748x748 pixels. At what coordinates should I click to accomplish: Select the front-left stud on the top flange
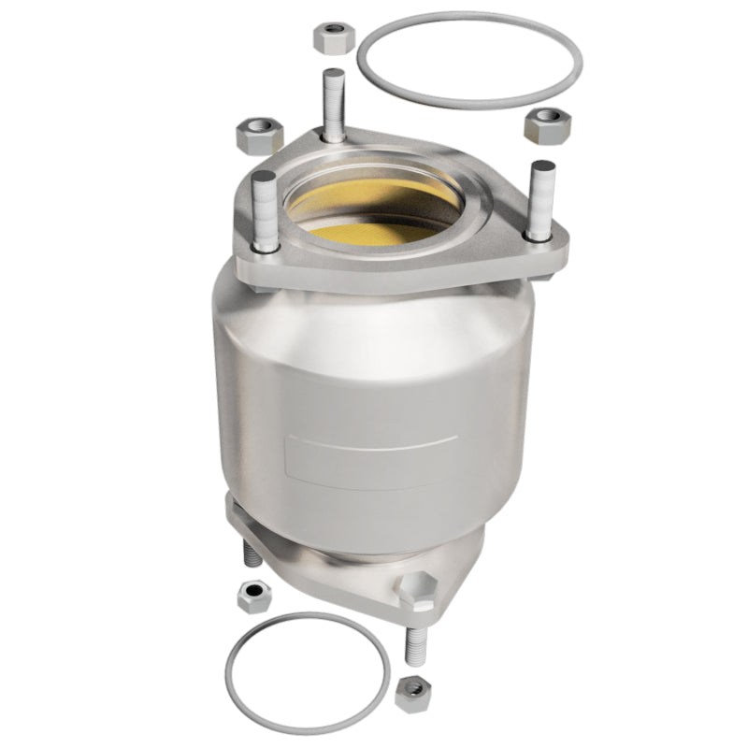[263, 210]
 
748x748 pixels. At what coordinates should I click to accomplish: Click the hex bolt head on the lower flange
[415, 589]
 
